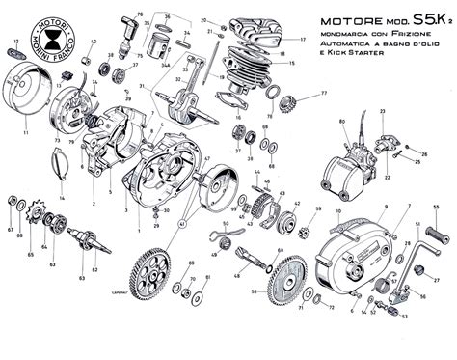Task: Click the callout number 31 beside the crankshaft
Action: [142, 87]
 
